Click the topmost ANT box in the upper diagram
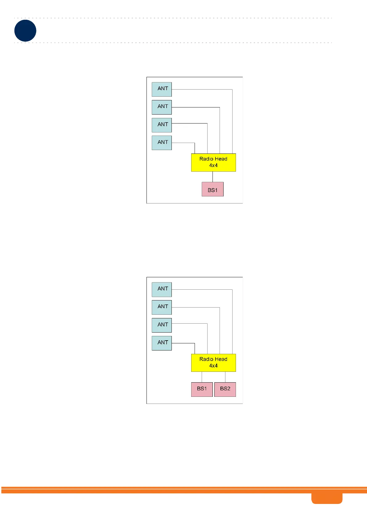(162, 89)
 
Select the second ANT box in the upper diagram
(162, 107)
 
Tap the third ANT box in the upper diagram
(162, 125)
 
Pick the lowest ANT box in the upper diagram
(162, 143)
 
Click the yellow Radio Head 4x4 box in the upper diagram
(213, 162)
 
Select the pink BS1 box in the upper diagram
(212, 189)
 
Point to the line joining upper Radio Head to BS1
(212, 177)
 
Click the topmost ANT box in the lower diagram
(162, 289)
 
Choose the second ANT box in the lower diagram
(162, 307)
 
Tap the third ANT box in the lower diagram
(162, 325)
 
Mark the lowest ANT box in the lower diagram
(162, 343)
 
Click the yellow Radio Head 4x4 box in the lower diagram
(213, 363)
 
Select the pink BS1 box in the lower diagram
(202, 389)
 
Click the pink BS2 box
(225, 389)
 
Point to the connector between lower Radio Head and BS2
(225, 377)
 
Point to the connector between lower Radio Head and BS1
(202, 377)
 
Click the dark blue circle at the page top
(25, 31)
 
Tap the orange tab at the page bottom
(327, 498)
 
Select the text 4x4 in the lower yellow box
(213, 366)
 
